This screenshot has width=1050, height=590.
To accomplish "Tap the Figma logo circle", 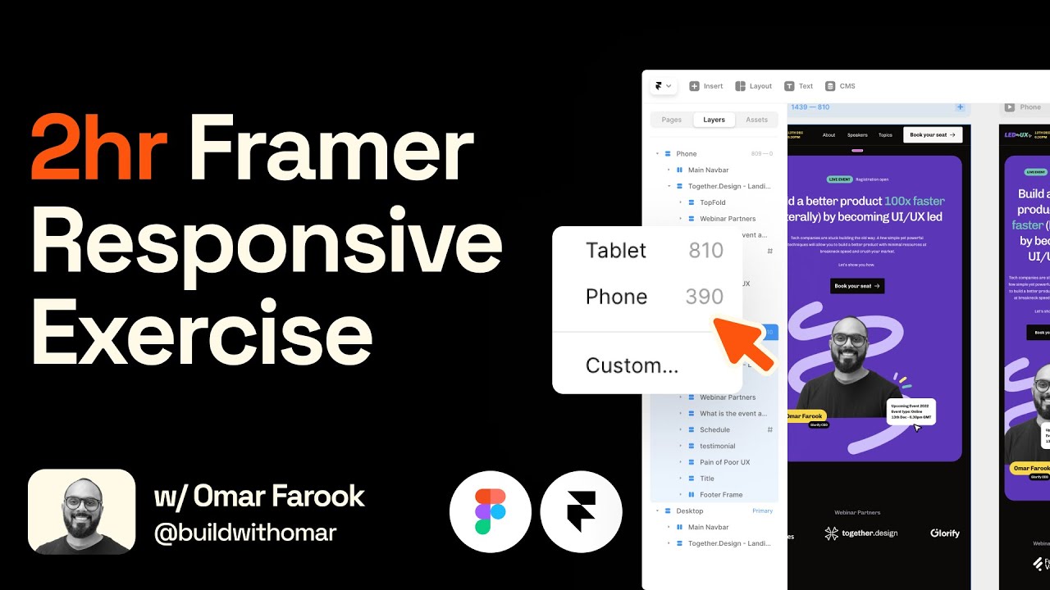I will pos(491,512).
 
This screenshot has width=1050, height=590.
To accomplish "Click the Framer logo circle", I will pos(582,512).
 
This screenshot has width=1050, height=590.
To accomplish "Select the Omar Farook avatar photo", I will pos(82,512).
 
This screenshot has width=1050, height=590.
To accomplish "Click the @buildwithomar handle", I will pos(245,533).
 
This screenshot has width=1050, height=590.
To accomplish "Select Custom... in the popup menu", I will pos(632,365).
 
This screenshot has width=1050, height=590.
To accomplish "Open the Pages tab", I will pos(671,120).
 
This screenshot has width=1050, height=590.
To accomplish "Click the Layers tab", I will pos(714,120).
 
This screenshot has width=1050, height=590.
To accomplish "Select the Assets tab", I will pos(756,120).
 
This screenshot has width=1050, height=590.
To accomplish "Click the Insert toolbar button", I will pos(706,86).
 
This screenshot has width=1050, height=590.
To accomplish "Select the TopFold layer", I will pos(712,202).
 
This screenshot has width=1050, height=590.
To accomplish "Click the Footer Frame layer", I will pos(720,495).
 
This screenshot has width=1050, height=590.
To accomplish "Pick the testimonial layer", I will pos(717,446).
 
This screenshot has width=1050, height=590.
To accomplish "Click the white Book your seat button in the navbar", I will pos(932,134).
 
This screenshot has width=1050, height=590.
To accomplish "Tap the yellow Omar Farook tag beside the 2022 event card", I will pos(806,416).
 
